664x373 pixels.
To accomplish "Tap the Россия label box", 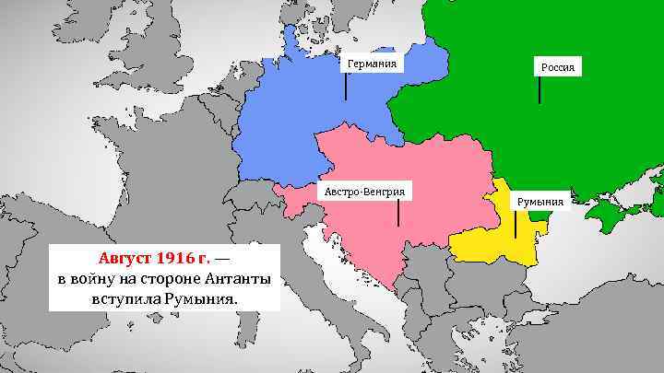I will tap(558, 67).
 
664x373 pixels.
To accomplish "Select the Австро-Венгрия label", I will tap(364, 192).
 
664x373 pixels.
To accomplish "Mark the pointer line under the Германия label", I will tap(346, 86).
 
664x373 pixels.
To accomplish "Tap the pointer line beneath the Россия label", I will tap(539, 89).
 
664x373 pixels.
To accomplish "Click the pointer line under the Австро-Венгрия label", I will tap(397, 214).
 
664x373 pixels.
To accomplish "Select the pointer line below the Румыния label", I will tap(516, 223).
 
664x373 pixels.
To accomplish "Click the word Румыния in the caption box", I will tap(196, 299).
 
